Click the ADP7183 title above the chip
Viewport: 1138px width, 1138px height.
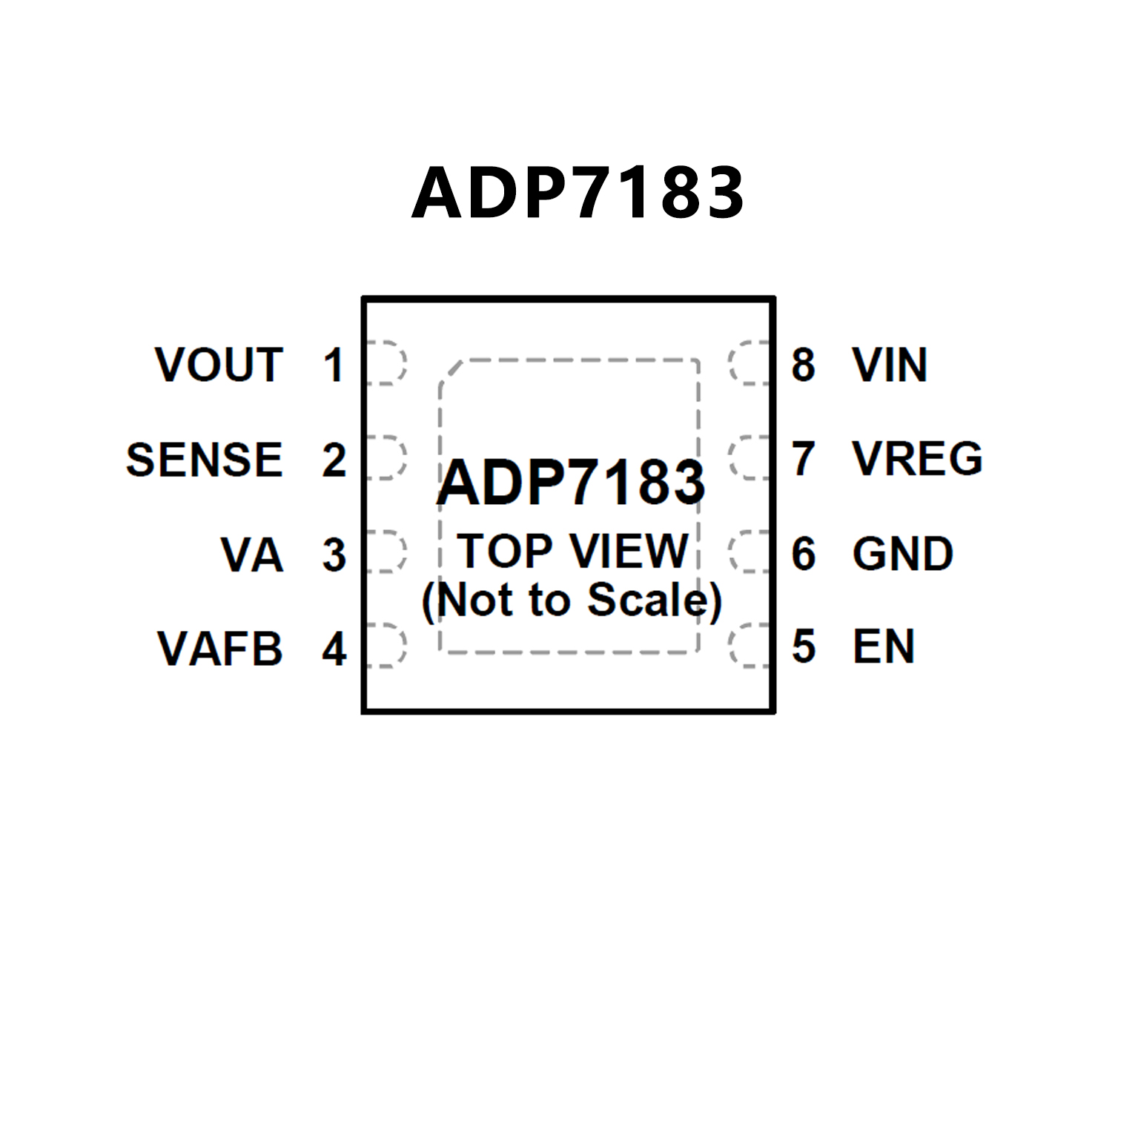(x=578, y=193)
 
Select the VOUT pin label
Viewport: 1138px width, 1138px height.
(x=219, y=365)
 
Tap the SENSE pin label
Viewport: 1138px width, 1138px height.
(x=205, y=459)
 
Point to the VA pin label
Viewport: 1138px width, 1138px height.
(x=252, y=555)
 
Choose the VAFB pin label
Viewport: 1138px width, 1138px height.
(x=220, y=649)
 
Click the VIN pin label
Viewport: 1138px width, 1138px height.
(x=890, y=365)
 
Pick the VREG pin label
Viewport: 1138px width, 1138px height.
(x=917, y=458)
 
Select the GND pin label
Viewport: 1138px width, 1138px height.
(x=902, y=554)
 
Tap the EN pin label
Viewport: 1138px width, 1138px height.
(x=884, y=646)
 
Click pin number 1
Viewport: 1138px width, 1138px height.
(x=334, y=365)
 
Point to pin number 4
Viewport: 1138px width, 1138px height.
(x=334, y=649)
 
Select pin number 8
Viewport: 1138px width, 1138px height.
(x=804, y=365)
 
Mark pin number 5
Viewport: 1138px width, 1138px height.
(x=804, y=646)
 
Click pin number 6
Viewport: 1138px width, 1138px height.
(x=804, y=554)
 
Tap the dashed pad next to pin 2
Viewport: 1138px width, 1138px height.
(x=386, y=457)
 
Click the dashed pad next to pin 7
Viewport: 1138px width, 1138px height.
(x=750, y=457)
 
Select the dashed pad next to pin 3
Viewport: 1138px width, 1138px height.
(x=386, y=552)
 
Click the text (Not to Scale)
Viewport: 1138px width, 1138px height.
(x=572, y=600)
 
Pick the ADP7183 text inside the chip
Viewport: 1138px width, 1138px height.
(x=571, y=483)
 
